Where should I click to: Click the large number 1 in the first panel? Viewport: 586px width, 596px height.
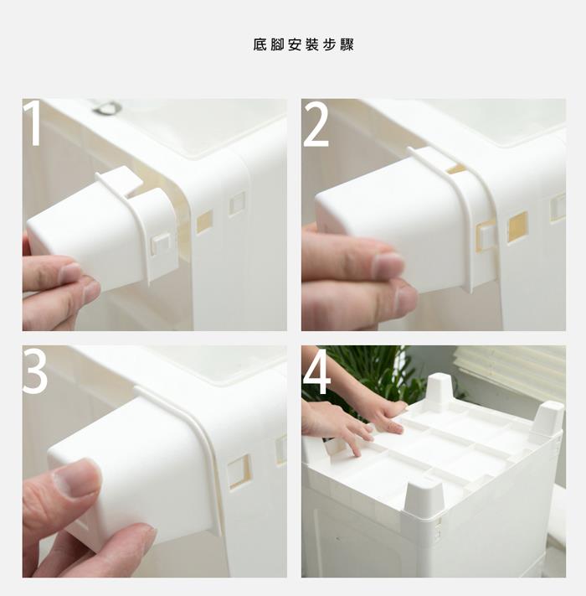click(x=33, y=122)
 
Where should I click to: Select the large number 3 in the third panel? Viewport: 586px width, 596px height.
click(x=34, y=371)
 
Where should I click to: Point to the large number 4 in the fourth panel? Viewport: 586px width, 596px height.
click(x=317, y=371)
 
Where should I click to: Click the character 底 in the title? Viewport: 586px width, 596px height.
click(x=260, y=44)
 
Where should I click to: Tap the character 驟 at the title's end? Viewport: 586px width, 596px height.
click(x=347, y=44)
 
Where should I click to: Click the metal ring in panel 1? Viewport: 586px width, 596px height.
click(x=105, y=106)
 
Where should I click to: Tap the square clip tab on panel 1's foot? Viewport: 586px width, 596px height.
click(x=161, y=243)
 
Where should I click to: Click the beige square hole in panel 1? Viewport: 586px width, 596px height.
click(x=204, y=222)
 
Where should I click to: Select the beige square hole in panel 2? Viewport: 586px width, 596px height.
click(x=518, y=227)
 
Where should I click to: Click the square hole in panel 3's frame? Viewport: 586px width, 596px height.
click(x=239, y=472)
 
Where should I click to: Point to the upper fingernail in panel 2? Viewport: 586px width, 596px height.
click(x=388, y=264)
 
